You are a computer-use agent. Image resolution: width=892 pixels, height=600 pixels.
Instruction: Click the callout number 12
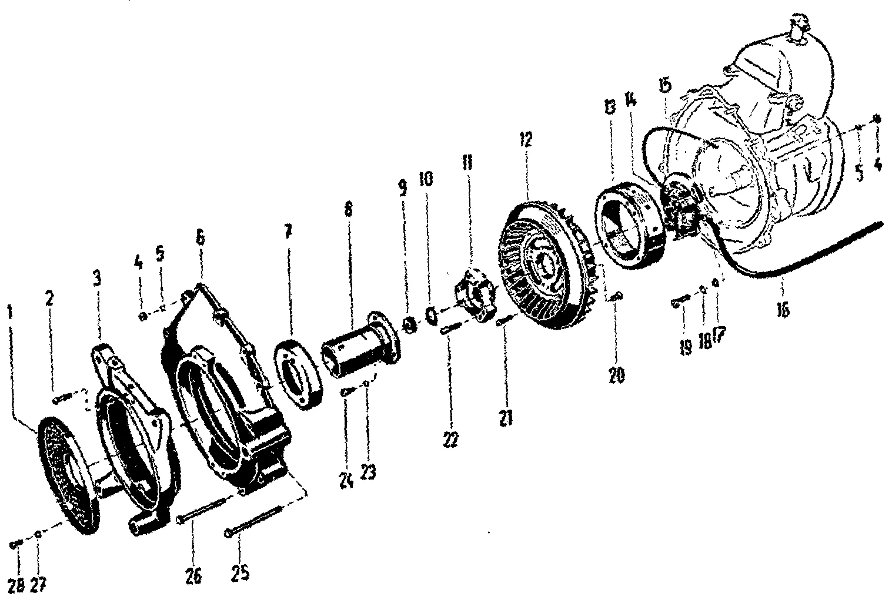(x=525, y=139)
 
